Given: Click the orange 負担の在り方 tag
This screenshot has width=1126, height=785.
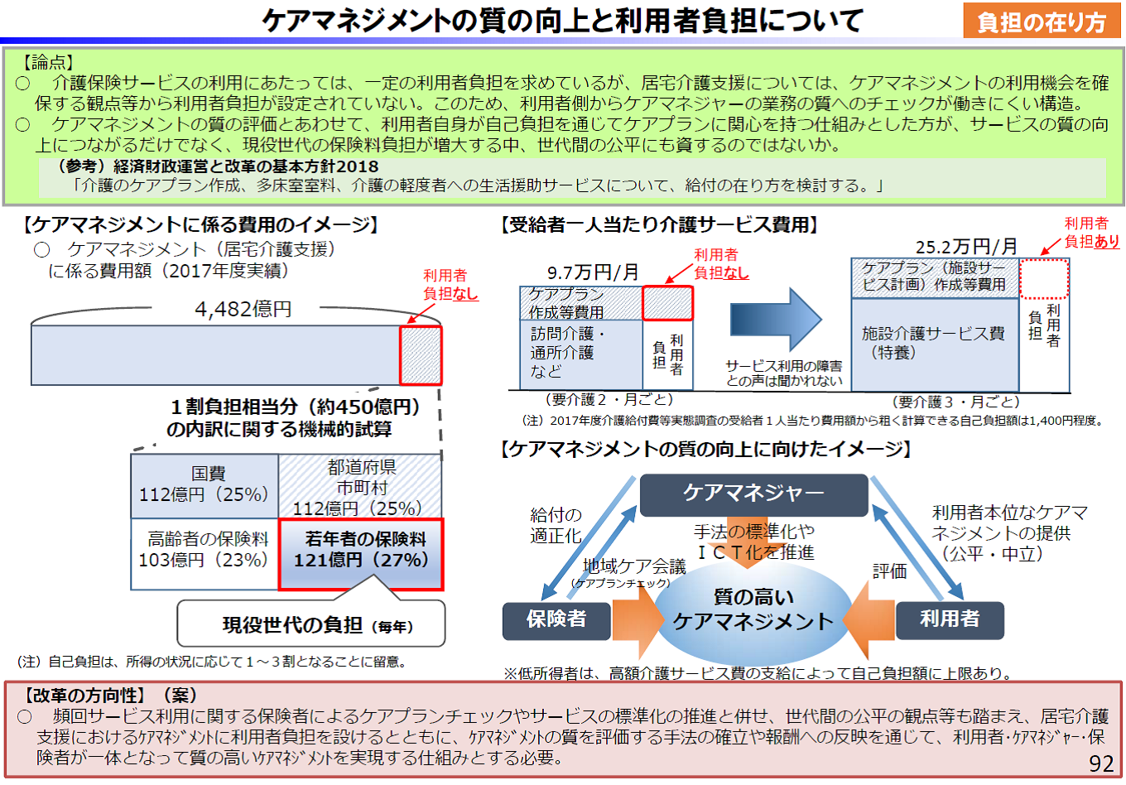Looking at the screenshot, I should click(x=1042, y=22).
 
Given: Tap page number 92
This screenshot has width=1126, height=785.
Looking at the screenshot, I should click(x=1100, y=763).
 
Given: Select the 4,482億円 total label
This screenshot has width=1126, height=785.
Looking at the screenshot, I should click(x=243, y=310).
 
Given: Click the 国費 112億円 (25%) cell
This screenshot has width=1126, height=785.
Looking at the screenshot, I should click(x=205, y=485).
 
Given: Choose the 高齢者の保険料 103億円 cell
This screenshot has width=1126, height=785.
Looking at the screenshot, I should click(x=205, y=550).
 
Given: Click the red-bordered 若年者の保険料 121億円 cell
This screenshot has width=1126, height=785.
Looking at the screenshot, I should click(x=361, y=553).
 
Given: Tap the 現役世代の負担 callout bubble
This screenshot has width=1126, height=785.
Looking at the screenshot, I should click(x=311, y=624).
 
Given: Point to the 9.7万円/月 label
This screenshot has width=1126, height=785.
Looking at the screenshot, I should click(x=593, y=272).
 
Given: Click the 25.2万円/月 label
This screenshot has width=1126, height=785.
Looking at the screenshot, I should click(x=966, y=246).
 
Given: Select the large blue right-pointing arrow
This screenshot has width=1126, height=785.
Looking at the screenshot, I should click(x=775, y=320).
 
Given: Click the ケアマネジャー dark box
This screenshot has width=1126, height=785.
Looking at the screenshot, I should click(x=753, y=494).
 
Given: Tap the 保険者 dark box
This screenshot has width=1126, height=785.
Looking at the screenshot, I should click(x=556, y=619).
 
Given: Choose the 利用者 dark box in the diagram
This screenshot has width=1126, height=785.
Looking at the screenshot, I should click(x=950, y=619).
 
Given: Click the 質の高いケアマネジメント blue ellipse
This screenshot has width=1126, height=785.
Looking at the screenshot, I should click(x=753, y=610).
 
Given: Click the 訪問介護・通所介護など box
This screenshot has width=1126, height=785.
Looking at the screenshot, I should click(x=580, y=353).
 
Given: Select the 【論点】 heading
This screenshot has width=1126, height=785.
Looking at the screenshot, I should click(x=49, y=61).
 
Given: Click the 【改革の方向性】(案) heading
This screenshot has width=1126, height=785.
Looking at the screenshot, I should click(x=111, y=696).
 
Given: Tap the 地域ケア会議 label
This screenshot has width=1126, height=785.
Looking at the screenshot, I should click(x=634, y=566).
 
